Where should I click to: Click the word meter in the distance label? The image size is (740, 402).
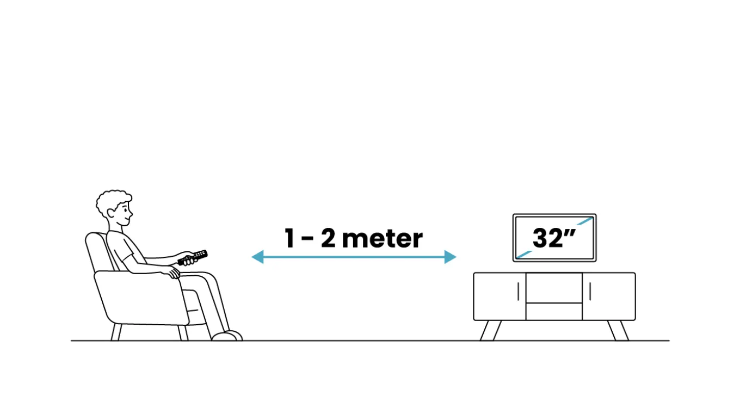[382, 238]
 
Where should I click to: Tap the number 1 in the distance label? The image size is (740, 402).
[289, 238]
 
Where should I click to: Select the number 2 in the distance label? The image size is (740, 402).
[328, 238]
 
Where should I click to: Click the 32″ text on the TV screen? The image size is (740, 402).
[554, 238]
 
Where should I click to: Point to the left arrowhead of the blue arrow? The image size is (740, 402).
[258, 257]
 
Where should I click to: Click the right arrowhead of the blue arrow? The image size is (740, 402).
[451, 257]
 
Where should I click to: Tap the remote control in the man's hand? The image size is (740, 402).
[193, 257]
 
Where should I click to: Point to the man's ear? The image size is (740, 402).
[111, 213]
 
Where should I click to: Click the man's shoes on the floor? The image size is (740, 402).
[227, 336]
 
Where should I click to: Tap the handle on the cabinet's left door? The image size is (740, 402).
[519, 292]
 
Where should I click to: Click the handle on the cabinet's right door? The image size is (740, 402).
[590, 292]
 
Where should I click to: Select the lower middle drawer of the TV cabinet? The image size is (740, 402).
[554, 312]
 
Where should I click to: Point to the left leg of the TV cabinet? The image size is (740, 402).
[491, 330]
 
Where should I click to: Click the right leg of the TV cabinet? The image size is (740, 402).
[618, 330]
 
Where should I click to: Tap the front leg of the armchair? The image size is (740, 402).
[183, 332]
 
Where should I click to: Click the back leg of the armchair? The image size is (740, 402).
[116, 332]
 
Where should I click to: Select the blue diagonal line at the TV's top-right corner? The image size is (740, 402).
[585, 221]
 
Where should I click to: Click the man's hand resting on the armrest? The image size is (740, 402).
[172, 273]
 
